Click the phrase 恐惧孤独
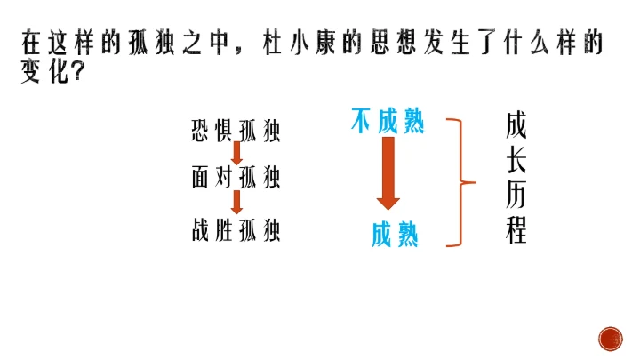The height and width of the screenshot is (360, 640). point(236,132)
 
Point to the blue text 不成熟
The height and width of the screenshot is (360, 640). point(388,123)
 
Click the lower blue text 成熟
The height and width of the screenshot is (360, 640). point(395,235)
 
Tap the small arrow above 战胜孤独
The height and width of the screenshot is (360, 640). point(237,204)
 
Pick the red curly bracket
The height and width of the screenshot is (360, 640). point(460,183)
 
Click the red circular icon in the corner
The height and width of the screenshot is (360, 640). point(611,338)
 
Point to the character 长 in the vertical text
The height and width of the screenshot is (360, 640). point(516,161)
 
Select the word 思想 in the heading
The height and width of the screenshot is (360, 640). point(403,44)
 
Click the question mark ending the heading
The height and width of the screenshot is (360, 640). point(76,73)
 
